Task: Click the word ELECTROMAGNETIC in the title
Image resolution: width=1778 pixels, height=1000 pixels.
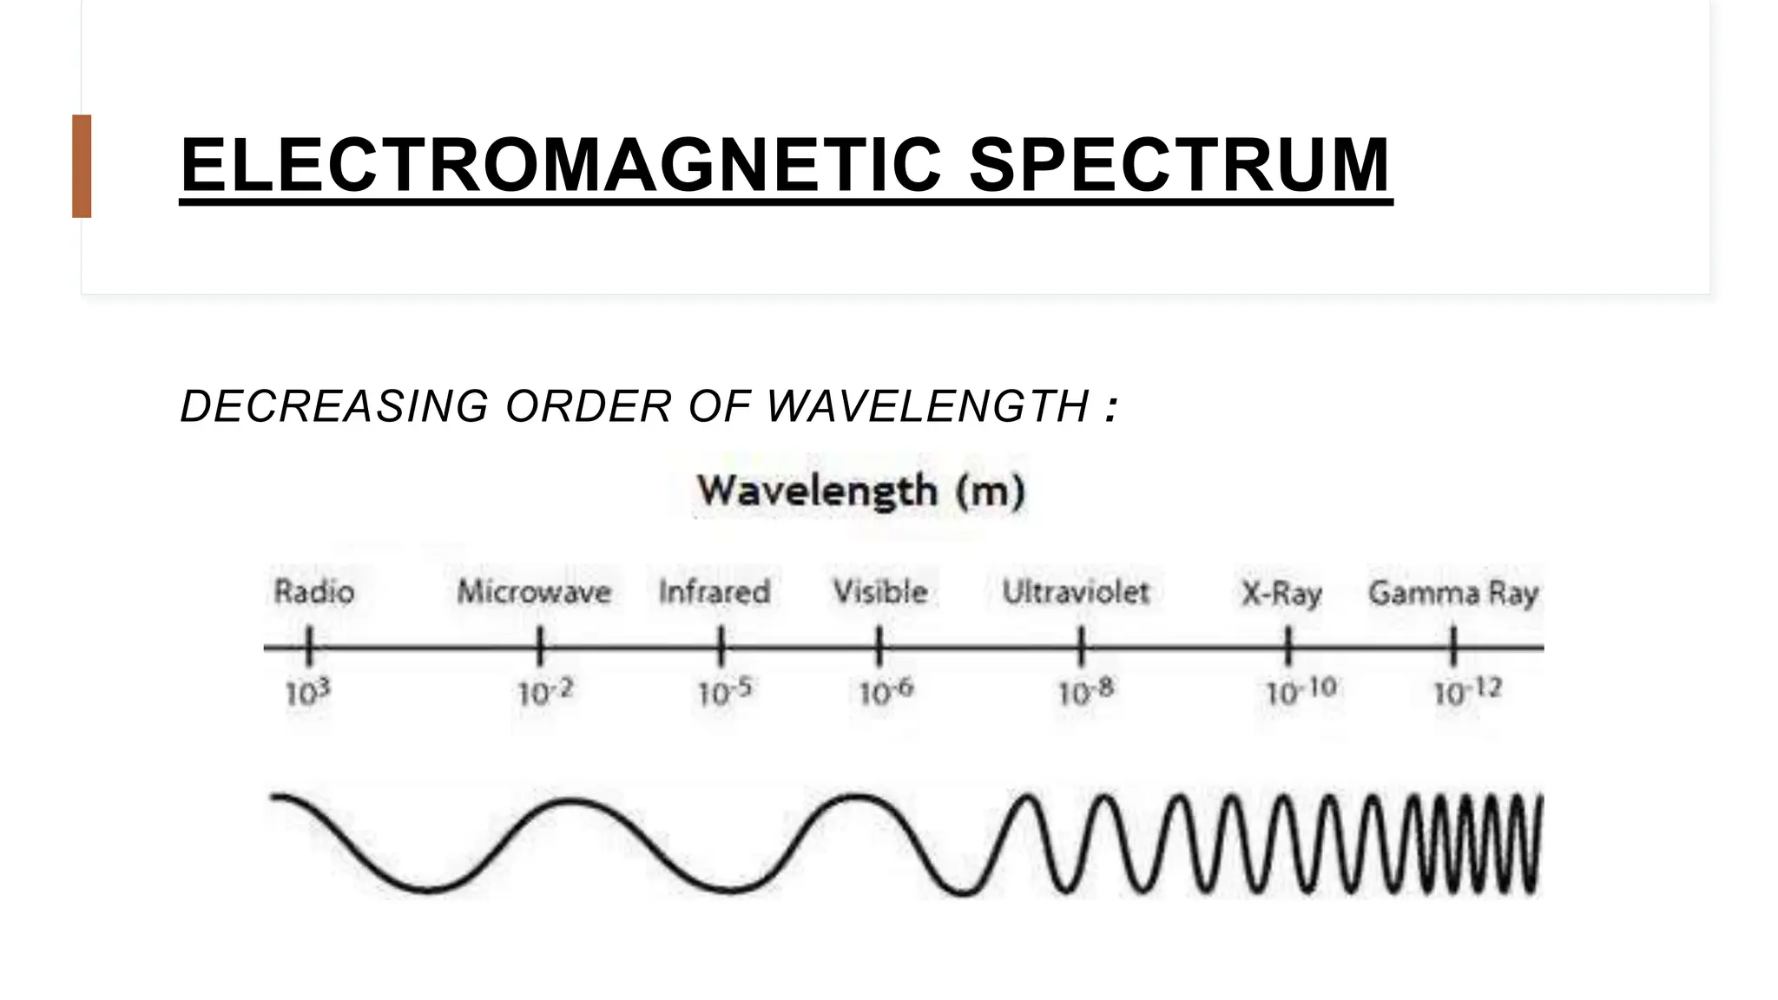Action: point(560,165)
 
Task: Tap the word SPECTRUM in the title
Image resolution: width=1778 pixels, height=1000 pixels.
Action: point(1179,165)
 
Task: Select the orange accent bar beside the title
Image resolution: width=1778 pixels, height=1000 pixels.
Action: point(82,166)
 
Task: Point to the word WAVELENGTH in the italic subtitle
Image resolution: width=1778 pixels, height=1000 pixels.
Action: point(927,406)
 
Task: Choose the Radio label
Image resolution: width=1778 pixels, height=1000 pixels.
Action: point(314,592)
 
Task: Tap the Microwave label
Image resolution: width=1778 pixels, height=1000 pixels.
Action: point(534,592)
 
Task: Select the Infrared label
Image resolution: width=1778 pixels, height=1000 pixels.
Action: point(714,592)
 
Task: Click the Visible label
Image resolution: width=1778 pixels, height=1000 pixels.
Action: point(880,592)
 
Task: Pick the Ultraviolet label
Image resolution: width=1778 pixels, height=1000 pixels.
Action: point(1076,592)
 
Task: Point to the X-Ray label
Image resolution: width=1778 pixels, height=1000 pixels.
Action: point(1281,594)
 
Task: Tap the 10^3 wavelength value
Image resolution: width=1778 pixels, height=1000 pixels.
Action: point(308,693)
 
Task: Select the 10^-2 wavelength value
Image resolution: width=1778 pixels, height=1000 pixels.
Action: point(545,693)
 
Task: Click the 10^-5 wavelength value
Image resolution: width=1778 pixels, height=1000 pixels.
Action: point(725,693)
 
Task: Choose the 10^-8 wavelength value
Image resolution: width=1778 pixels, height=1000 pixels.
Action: point(1085,693)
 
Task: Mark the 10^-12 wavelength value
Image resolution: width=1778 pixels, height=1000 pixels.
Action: point(1467,693)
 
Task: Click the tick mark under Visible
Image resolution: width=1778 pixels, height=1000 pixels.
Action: point(879,648)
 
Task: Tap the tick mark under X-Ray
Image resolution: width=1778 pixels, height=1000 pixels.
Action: point(1288,648)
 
